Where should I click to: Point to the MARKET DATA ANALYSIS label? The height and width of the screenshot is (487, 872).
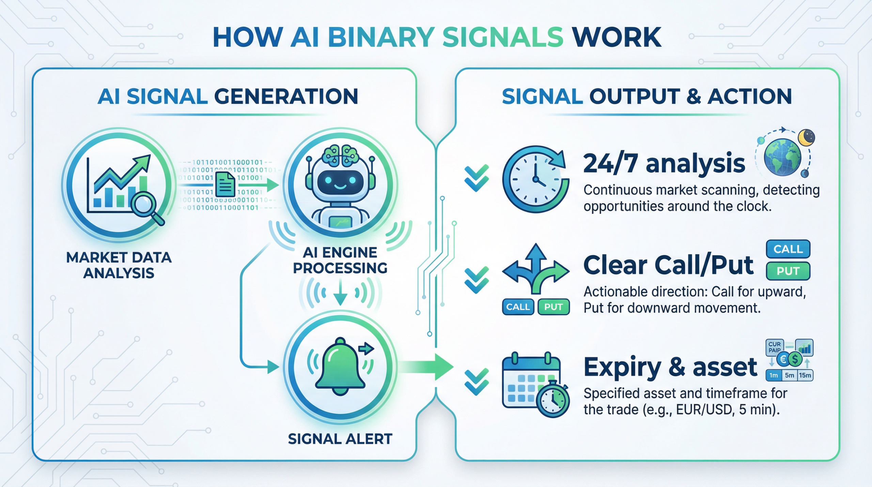(x=119, y=265)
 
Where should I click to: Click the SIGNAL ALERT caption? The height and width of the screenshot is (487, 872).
(x=340, y=439)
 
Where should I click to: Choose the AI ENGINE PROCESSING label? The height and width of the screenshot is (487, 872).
(x=340, y=260)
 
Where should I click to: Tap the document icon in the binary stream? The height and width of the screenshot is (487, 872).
(x=225, y=184)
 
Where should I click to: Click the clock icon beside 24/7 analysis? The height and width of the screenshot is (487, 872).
(x=535, y=179)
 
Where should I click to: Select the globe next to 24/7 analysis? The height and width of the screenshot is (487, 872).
(x=782, y=157)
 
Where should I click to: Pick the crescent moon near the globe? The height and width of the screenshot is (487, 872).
(x=807, y=138)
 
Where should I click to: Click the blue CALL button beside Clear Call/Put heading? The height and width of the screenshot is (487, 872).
(x=788, y=249)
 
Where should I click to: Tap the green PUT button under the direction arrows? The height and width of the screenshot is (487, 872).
(x=553, y=307)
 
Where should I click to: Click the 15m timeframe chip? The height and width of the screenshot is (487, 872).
(x=805, y=375)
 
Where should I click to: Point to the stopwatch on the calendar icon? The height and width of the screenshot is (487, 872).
(x=552, y=399)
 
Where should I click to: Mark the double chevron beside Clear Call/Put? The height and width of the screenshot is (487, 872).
(x=477, y=280)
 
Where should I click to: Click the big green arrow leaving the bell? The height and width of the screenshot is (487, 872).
(x=429, y=367)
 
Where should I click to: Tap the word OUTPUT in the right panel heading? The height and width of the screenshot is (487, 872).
(x=635, y=96)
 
